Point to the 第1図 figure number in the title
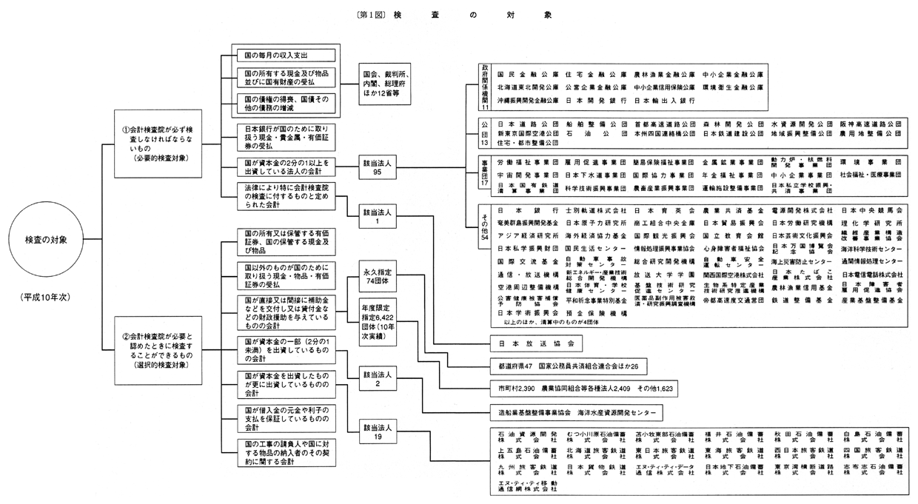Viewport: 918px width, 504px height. point(370,14)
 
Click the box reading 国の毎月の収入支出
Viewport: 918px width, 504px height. point(284,55)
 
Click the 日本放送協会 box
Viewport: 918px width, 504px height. point(537,344)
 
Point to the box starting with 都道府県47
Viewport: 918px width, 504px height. point(568,366)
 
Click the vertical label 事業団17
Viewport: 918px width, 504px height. point(486,174)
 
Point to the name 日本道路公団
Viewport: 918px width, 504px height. point(523,124)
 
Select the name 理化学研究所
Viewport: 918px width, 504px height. point(871,223)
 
